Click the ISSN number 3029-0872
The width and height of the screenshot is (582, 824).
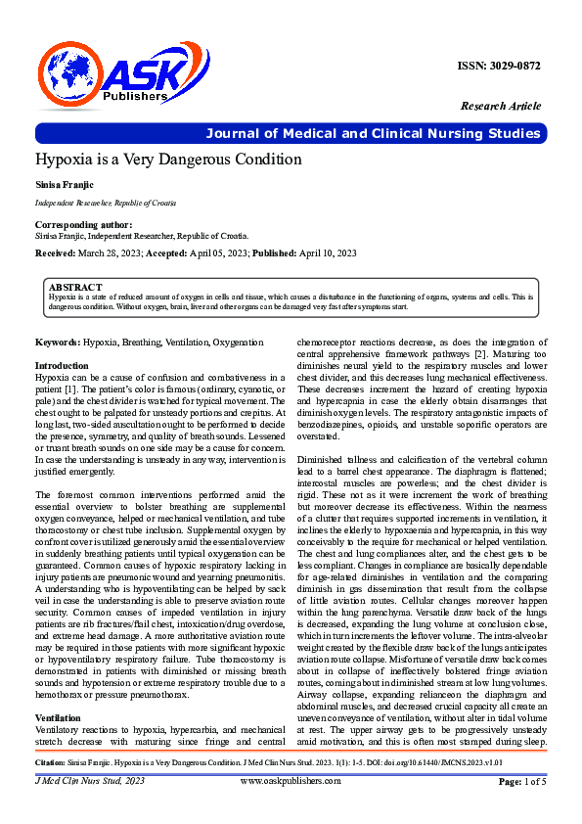[499, 66]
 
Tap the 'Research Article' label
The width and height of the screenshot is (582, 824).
[500, 106]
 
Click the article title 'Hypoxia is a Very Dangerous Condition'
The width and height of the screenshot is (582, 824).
[168, 160]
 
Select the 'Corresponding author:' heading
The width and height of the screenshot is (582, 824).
[77, 225]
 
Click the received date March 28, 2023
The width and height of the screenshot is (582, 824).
[108, 252]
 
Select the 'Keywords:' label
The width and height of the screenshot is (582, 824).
[58, 342]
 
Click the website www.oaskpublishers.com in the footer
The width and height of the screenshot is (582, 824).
[291, 808]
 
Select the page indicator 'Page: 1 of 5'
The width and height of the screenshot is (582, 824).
[522, 808]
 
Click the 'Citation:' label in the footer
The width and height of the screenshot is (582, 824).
[50, 788]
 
